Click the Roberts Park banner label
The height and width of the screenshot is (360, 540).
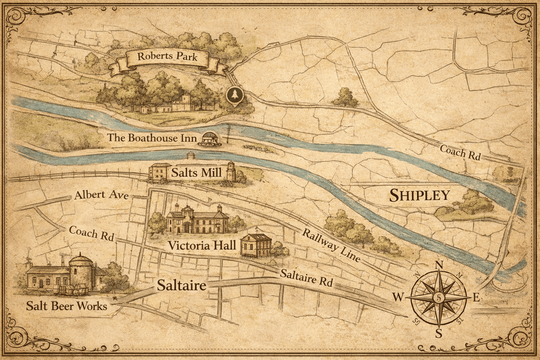167,57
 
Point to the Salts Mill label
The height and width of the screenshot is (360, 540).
197,173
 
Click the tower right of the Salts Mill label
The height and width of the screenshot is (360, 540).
231,171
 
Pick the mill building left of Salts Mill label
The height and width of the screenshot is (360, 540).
157,172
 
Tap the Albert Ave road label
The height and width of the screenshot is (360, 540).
101,195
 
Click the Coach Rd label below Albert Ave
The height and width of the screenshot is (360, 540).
91,233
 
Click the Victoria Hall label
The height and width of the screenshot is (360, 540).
202,245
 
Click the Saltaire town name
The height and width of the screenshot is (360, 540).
181,285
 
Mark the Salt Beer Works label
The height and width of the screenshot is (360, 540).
66,306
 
